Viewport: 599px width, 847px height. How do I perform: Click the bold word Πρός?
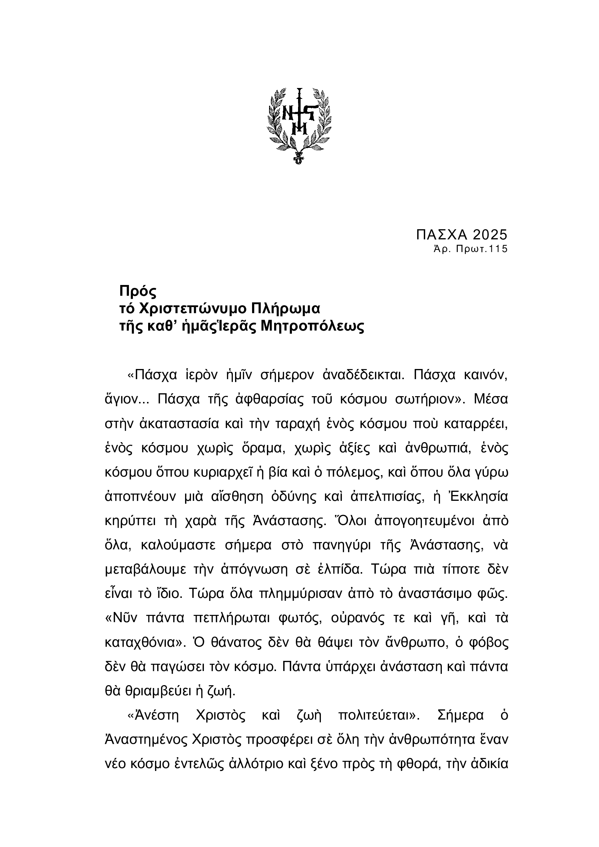point(138,292)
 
